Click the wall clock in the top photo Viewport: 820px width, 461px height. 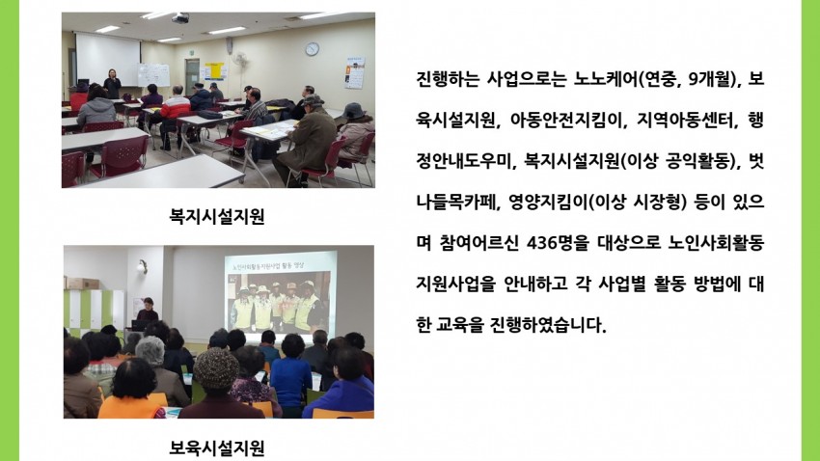click(x=312, y=49)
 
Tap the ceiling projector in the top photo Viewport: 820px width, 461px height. click(x=179, y=18)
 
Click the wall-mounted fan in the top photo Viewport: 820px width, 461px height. click(x=239, y=59)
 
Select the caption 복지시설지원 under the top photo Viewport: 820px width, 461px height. click(x=217, y=216)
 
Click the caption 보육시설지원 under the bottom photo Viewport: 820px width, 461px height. click(x=217, y=447)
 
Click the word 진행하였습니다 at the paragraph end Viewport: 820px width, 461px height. click(x=548, y=325)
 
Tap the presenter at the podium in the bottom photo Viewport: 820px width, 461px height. click(x=147, y=310)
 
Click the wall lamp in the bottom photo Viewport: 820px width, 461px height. click(x=142, y=266)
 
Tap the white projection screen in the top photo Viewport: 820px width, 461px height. click(x=108, y=59)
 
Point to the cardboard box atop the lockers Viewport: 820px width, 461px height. click(x=83, y=284)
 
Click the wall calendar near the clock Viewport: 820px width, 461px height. click(x=354, y=72)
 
